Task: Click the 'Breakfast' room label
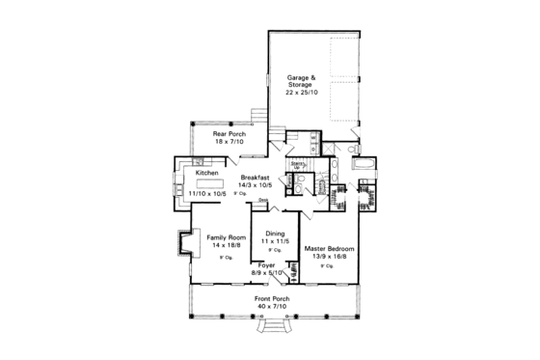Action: [x=256, y=177]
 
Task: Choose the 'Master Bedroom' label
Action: [x=331, y=248]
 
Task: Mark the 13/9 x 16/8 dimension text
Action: [x=331, y=257]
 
